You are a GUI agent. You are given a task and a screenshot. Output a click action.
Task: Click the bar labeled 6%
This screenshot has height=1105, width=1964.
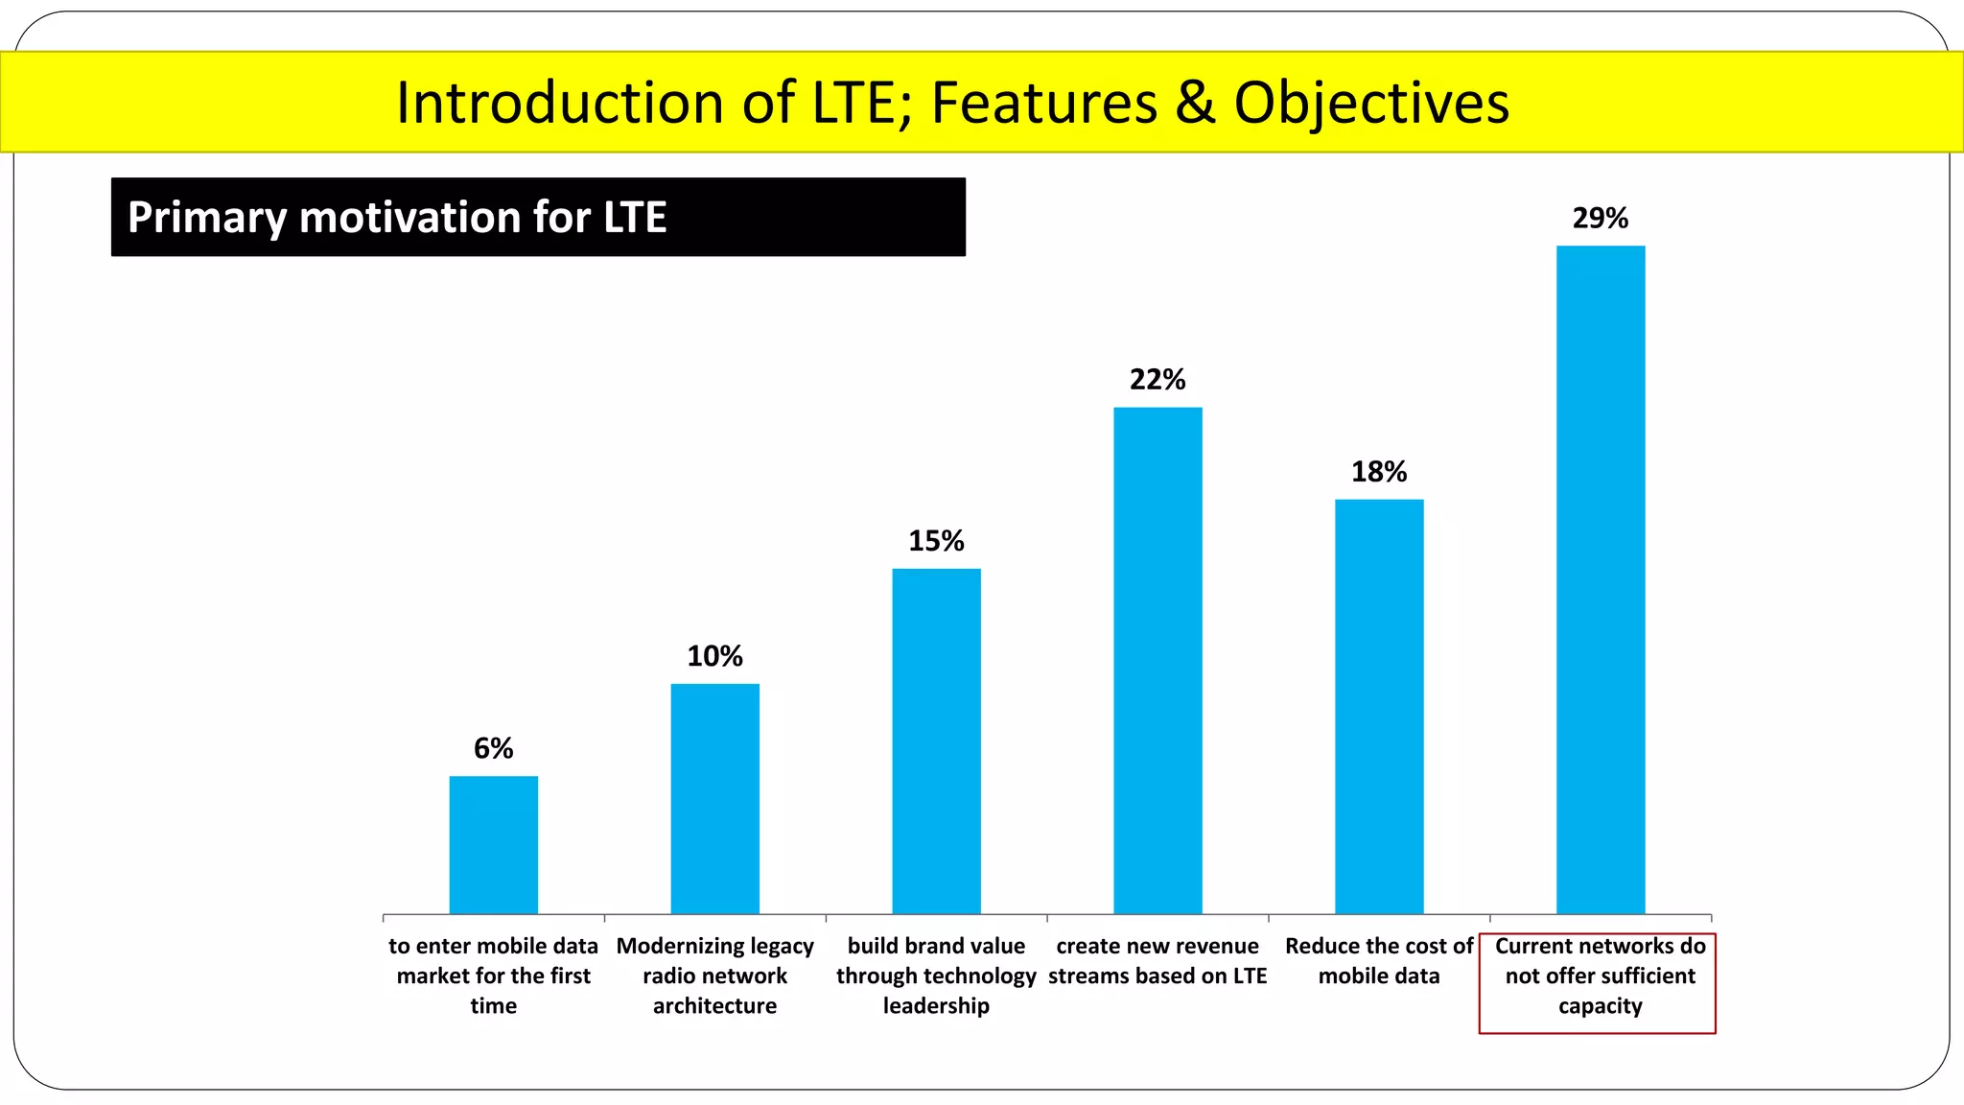click(493, 844)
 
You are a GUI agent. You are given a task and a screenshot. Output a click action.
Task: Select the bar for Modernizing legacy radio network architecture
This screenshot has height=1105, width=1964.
click(714, 798)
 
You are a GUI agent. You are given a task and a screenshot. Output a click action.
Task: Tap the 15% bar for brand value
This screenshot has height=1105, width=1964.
click(936, 741)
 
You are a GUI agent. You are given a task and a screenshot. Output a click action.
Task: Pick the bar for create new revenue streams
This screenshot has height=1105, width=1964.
click(1157, 660)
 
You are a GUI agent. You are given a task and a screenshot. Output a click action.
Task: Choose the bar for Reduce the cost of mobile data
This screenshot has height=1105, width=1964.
click(1379, 706)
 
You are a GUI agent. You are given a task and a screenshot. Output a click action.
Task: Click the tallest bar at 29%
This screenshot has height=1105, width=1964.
click(1600, 579)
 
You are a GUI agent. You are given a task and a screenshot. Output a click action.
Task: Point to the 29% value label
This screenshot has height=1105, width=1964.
click(1600, 219)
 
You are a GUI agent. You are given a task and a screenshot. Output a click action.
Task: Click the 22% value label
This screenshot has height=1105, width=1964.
click(1157, 380)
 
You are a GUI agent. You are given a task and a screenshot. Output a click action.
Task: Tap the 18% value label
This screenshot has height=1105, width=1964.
click(1379, 472)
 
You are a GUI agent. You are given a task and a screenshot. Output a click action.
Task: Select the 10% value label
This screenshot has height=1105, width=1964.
click(714, 656)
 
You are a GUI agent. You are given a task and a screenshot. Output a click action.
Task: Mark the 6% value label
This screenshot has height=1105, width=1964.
click(493, 748)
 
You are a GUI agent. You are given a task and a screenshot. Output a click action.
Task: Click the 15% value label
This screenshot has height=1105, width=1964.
click(936, 541)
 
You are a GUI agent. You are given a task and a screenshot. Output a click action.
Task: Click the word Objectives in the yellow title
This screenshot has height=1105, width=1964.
click(1371, 104)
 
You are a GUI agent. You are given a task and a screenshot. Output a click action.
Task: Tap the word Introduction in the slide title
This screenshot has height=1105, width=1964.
click(561, 104)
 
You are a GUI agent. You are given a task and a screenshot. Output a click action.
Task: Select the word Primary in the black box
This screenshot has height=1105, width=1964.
click(206, 218)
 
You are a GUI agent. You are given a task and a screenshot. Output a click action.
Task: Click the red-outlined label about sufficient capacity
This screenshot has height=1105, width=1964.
click(1599, 976)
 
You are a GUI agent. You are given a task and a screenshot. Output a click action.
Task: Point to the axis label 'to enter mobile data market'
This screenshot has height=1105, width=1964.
click(493, 976)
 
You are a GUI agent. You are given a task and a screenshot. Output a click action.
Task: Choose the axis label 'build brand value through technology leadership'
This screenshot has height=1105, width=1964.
click(936, 976)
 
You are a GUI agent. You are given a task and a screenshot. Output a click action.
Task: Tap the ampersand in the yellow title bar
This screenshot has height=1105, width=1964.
click(1195, 104)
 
